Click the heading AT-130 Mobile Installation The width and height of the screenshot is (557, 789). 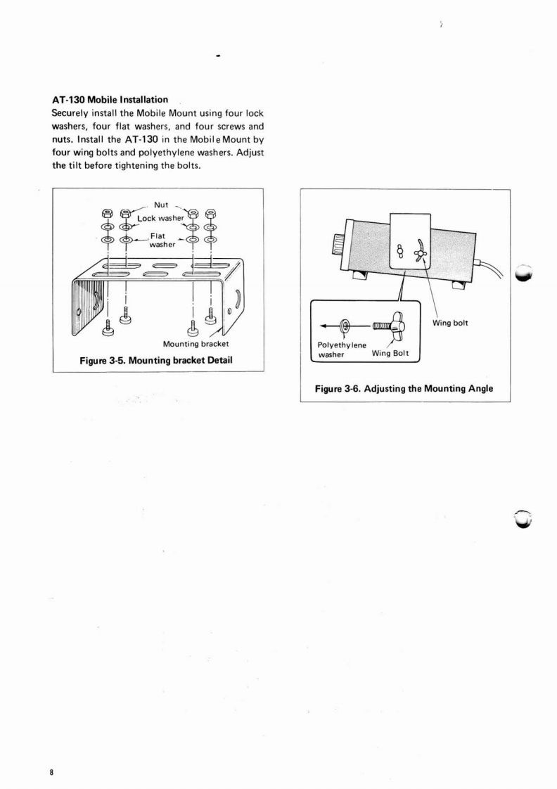(110, 100)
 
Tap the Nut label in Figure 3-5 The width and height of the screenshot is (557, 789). (161, 205)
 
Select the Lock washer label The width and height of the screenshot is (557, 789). (160, 218)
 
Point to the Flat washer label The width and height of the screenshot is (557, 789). (162, 240)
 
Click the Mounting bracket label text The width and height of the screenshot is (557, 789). (196, 344)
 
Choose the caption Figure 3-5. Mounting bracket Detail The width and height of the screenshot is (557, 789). (156, 360)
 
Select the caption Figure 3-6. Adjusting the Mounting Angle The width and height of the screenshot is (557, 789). (404, 388)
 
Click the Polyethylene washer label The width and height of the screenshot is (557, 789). (342, 349)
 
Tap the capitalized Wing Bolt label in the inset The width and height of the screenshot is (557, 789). (390, 353)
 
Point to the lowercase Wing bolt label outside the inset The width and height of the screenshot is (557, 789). (450, 323)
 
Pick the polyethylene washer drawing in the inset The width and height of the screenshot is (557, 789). (345, 326)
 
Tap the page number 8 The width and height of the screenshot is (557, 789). (51, 772)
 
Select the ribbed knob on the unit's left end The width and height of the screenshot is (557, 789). (341, 247)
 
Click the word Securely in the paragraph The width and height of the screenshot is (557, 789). (70, 113)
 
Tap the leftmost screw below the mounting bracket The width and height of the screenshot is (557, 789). (107, 326)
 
